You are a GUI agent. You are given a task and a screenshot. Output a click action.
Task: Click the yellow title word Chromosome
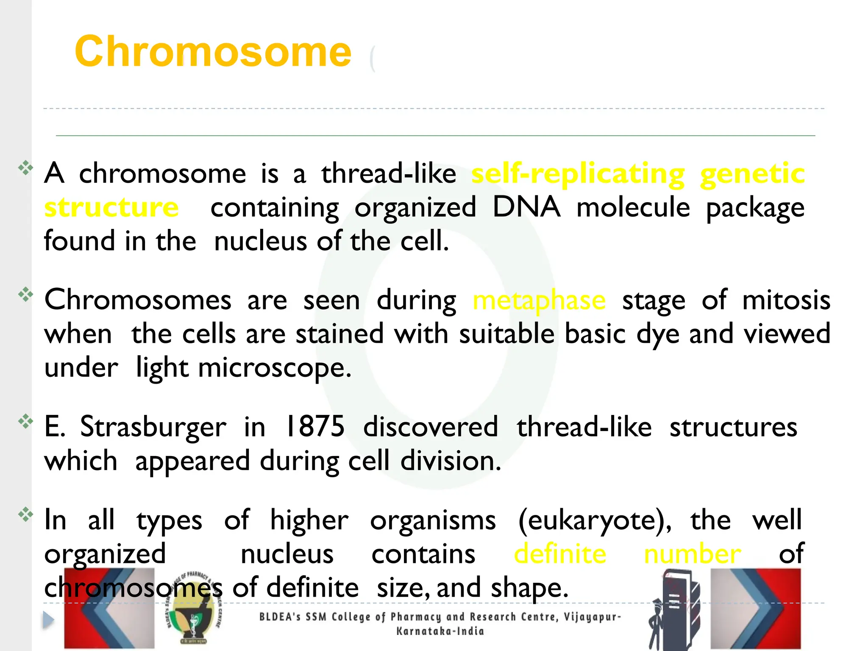tap(213, 52)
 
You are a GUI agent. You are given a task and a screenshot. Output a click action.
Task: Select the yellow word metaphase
tap(539, 300)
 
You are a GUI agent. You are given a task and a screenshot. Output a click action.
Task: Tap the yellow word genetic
tap(752, 174)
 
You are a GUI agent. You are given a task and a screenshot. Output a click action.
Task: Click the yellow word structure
tap(111, 207)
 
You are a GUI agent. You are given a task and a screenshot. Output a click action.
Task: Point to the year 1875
tap(315, 426)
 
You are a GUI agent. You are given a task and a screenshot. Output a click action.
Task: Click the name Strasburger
tap(153, 427)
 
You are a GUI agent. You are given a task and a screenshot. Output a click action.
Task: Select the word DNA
tap(526, 207)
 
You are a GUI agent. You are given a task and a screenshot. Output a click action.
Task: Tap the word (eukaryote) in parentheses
tap(595, 520)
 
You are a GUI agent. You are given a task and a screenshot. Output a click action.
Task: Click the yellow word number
tap(692, 554)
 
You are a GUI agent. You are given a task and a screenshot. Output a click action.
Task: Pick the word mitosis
tap(786, 300)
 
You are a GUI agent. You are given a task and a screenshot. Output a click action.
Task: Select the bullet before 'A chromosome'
tap(26, 168)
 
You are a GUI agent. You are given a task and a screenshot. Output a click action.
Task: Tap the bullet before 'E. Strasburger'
tap(26, 421)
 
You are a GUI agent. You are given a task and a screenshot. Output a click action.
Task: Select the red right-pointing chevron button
tap(756, 608)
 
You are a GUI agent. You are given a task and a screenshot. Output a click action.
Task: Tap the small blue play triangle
tap(48, 620)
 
